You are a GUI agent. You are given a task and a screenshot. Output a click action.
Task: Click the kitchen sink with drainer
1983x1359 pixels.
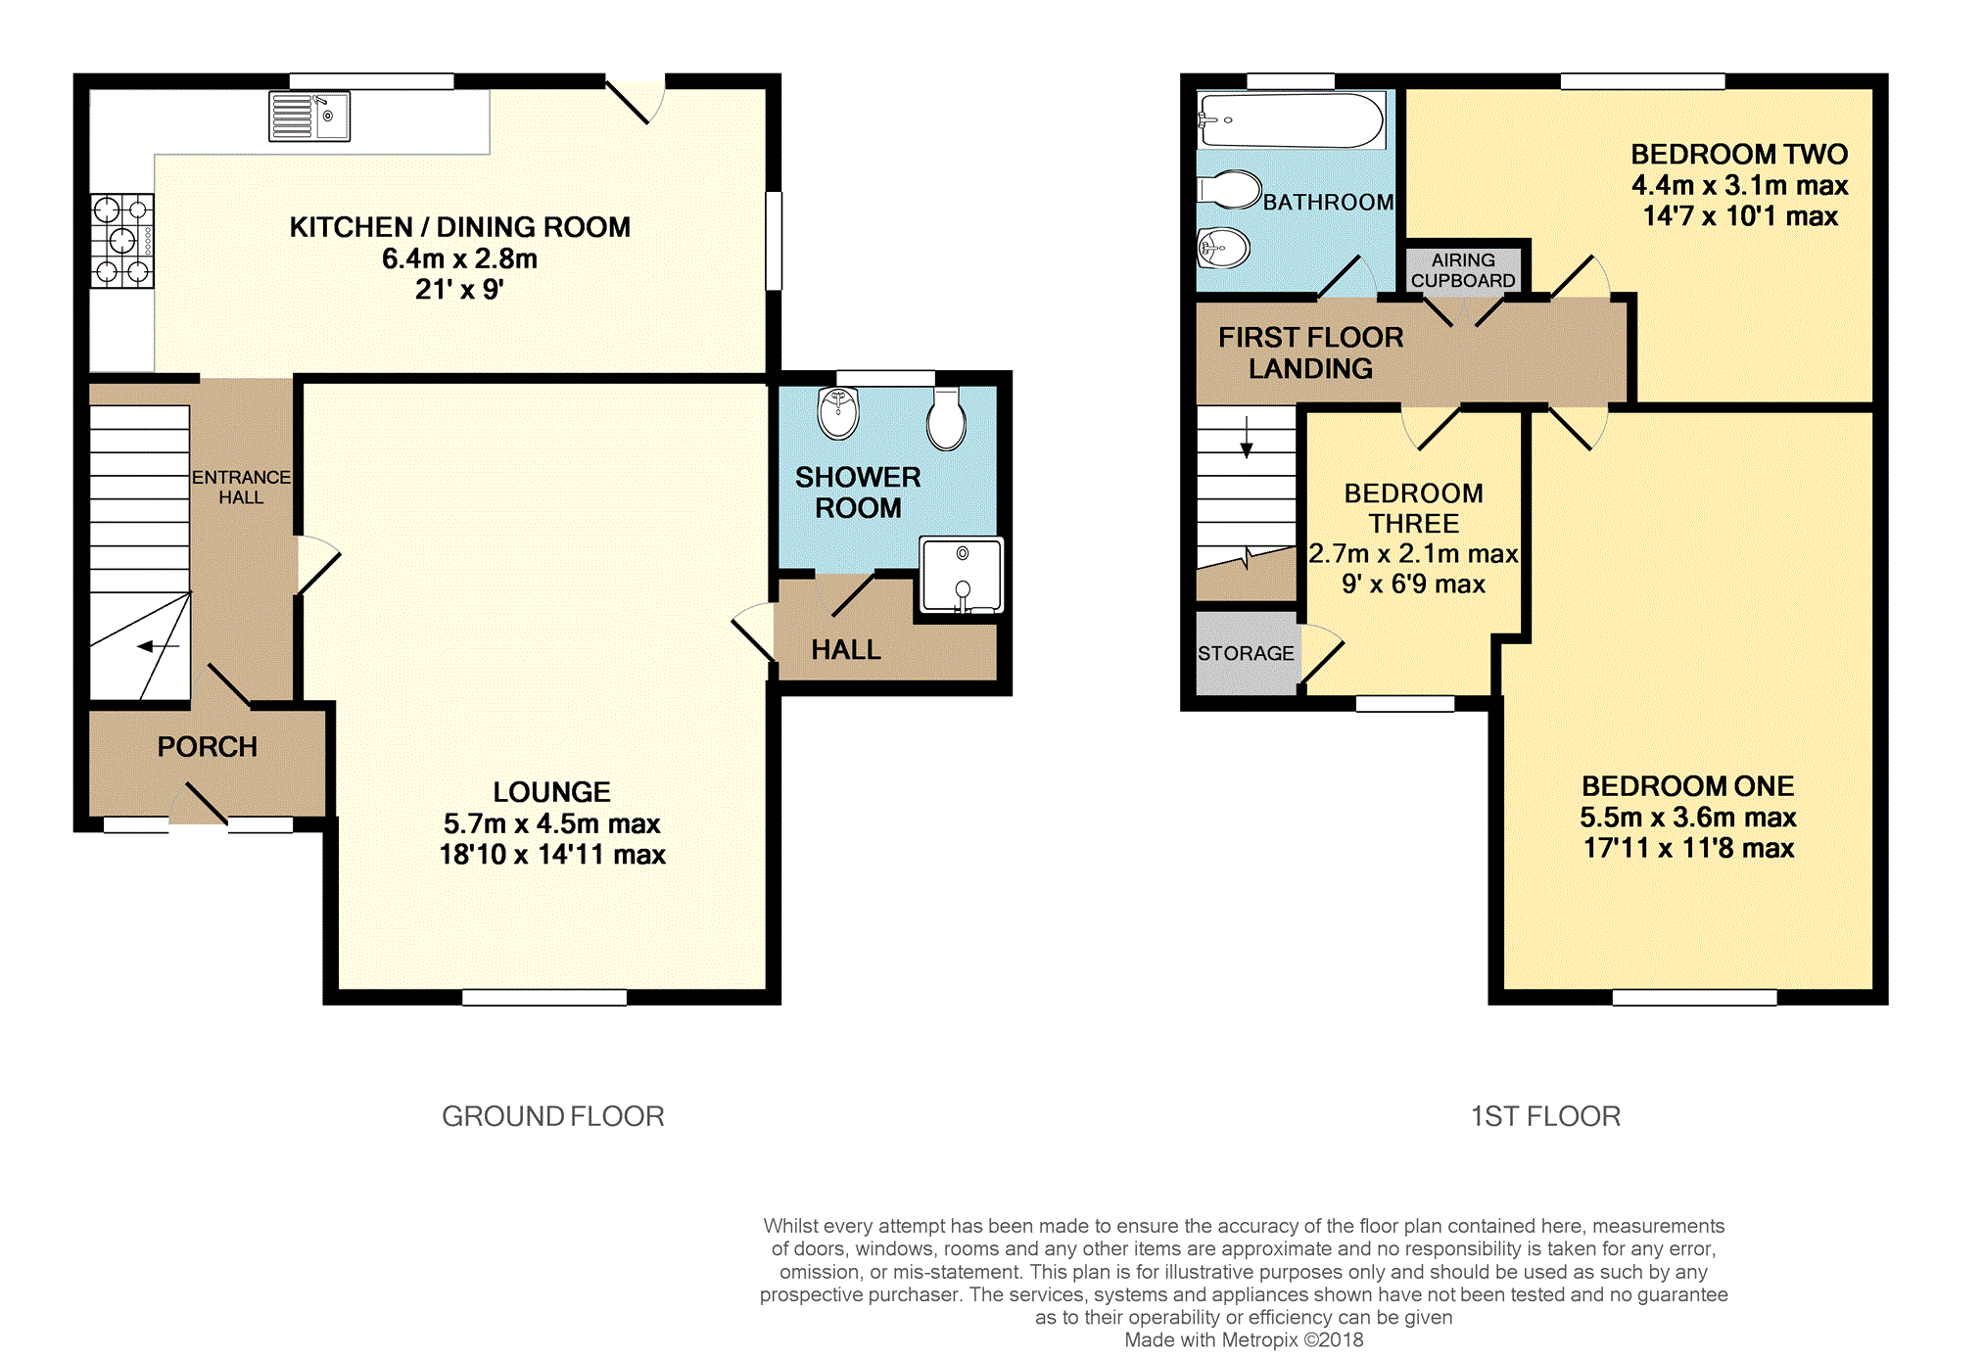309,117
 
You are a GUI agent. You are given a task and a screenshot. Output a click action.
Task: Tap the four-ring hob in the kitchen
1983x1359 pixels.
122,241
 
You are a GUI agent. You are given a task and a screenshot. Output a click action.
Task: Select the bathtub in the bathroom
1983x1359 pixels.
1291,120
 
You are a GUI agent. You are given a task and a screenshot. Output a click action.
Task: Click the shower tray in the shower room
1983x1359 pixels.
962,576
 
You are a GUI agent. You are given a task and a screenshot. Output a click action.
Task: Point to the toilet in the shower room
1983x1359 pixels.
946,418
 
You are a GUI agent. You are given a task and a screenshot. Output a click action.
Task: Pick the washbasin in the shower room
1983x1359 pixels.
838,412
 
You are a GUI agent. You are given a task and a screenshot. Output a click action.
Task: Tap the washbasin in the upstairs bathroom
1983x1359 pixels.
1224,248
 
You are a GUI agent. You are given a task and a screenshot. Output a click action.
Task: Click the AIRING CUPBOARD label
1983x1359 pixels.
1463,270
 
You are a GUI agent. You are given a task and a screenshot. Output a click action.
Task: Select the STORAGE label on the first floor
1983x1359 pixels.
1246,653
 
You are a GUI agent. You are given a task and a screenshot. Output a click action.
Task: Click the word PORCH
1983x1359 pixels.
208,747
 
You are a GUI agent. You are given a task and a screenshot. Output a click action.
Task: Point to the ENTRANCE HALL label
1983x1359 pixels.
241,487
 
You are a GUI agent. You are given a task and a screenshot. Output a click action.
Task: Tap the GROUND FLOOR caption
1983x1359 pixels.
553,1116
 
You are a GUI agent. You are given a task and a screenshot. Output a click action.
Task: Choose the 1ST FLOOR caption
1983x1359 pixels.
1545,1116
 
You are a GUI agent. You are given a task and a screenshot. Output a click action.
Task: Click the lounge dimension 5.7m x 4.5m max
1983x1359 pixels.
552,823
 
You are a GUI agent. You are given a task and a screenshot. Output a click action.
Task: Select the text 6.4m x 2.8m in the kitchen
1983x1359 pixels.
459,258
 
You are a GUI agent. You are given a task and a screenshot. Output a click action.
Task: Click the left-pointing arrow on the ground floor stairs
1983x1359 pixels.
158,646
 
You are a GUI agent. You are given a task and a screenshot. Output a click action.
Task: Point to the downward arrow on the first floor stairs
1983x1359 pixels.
1247,437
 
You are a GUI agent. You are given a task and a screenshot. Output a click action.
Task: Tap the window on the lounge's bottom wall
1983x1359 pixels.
544,998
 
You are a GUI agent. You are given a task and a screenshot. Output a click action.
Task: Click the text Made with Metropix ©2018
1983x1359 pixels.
1244,1340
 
